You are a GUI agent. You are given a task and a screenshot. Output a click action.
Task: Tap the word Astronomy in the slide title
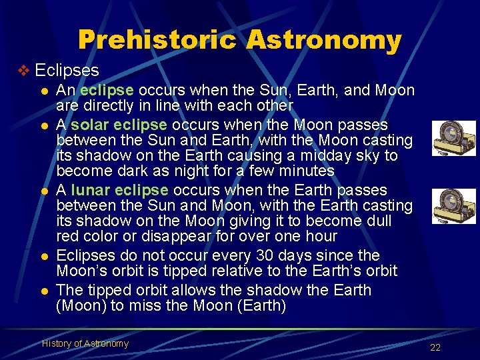coord(323,40)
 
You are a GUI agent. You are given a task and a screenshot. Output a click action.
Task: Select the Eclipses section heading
coord(67,71)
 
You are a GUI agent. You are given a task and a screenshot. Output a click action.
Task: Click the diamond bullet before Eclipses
coord(25,71)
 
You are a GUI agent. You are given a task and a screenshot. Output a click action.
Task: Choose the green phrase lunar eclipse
coord(119,190)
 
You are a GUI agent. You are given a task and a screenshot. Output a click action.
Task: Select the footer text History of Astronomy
coord(85,343)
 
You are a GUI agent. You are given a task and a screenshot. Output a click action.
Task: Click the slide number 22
coord(435,347)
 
